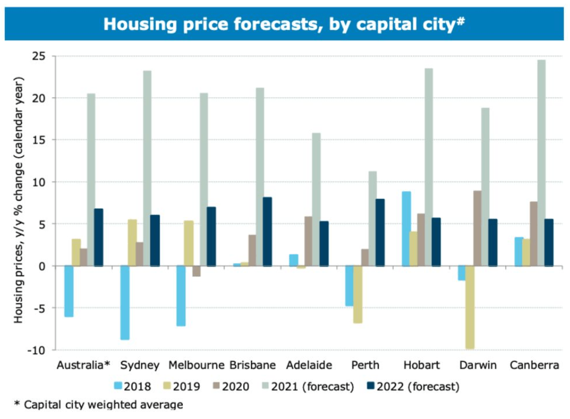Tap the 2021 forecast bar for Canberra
pos(541,163)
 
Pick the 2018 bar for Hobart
pos(407,228)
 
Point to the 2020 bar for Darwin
pos(477,228)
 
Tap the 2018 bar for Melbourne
pos(181,296)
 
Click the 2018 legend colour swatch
pos(116,386)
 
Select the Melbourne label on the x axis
pos(196,365)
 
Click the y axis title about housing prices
pos(19,201)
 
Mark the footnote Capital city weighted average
pos(98,404)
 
